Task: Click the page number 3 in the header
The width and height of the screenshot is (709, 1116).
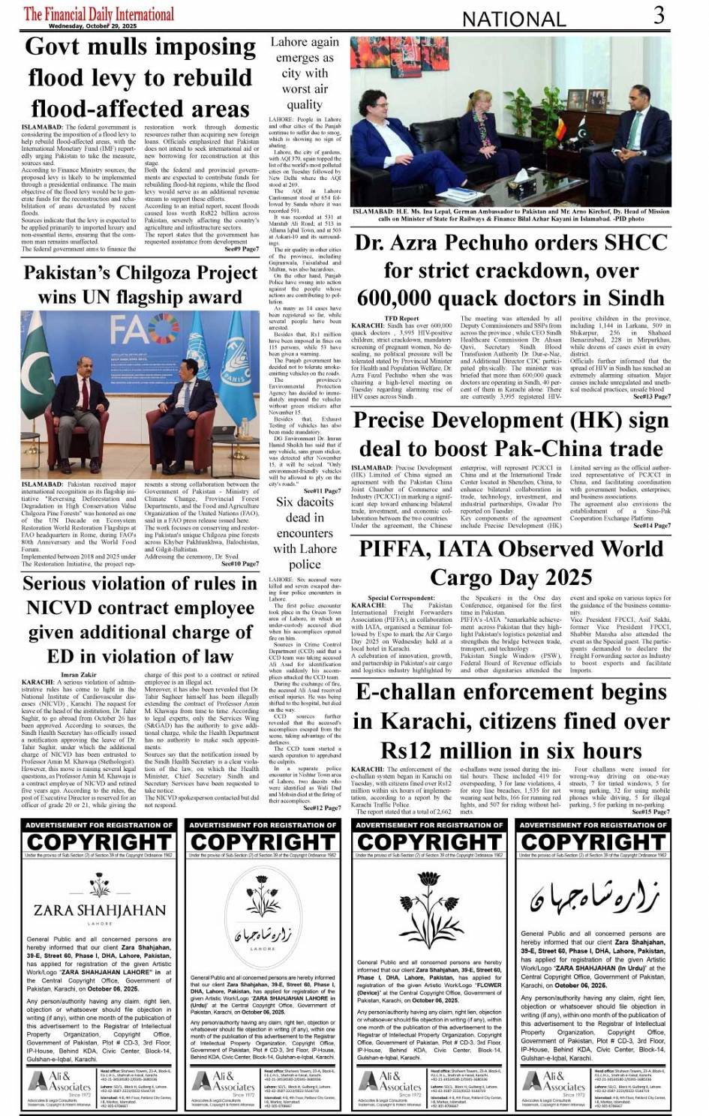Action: coord(658,15)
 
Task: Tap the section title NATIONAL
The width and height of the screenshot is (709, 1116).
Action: coord(513,19)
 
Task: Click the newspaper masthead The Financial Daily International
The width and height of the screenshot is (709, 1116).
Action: coord(99,13)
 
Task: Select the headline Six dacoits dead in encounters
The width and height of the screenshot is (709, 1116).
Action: coord(305,533)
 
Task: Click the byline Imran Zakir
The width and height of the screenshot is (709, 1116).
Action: coord(78,674)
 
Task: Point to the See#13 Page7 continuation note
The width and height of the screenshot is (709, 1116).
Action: coord(651,397)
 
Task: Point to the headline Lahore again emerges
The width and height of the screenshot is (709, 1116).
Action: coord(305,73)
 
